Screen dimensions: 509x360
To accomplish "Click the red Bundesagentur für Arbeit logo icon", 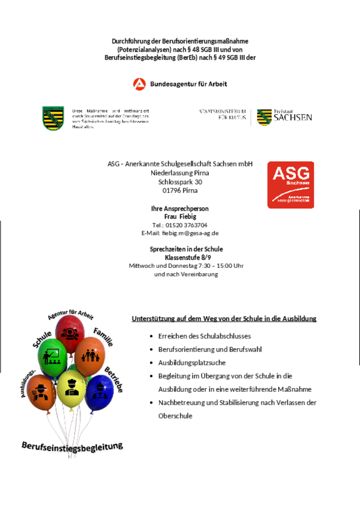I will [139, 84].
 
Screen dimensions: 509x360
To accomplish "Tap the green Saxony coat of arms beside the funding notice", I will [53, 118].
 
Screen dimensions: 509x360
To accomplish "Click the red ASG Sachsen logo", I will [291, 185].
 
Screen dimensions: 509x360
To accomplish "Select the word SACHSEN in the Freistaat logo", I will [292, 118].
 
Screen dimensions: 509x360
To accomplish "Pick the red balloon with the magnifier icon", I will [70, 331].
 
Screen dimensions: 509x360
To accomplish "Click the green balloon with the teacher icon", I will [52, 355].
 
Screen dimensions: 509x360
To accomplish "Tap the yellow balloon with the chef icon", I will [71, 387].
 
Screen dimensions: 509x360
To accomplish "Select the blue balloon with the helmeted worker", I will [99, 392].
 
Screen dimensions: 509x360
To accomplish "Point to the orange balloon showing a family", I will [89, 355].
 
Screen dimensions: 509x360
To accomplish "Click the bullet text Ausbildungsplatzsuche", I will [185, 362].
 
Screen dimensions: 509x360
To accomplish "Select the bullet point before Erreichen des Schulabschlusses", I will [151, 336].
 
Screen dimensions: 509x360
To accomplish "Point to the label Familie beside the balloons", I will [103, 336].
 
